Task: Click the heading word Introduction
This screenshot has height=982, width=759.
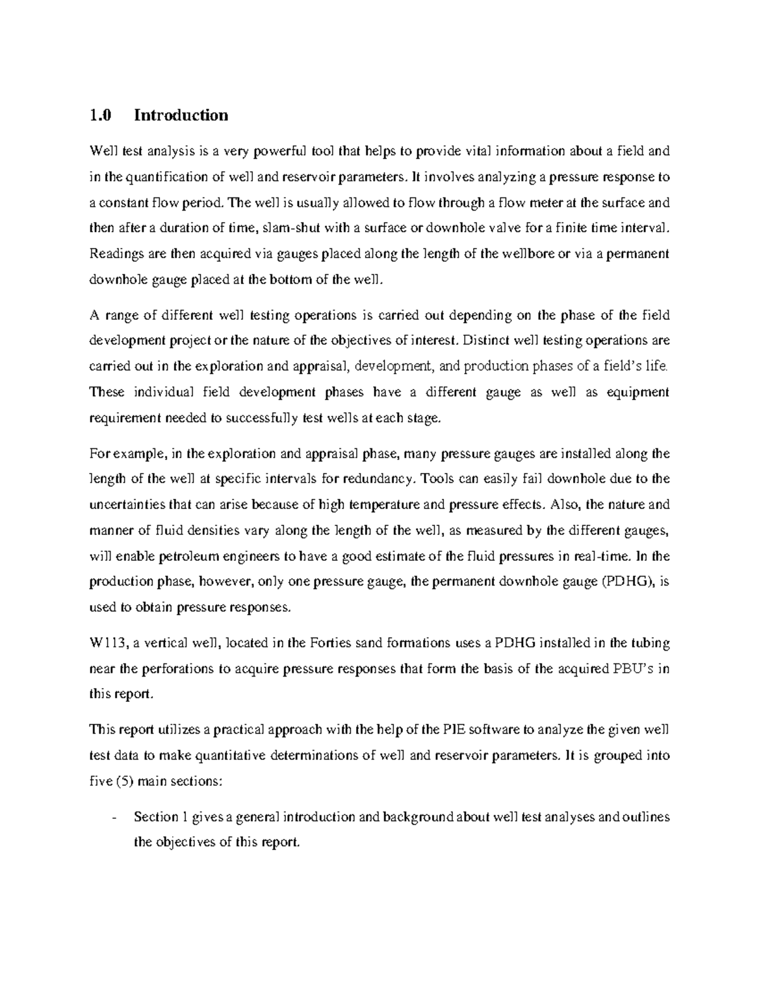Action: click(181, 115)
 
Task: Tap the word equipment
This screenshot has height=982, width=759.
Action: click(637, 392)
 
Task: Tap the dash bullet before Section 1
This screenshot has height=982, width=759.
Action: click(113, 817)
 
